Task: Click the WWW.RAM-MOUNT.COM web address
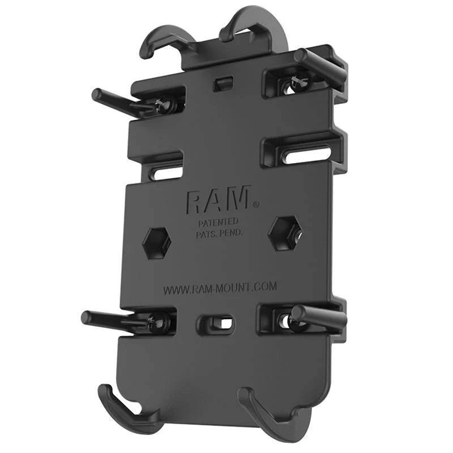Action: pos(220,288)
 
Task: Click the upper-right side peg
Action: pos(321,64)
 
